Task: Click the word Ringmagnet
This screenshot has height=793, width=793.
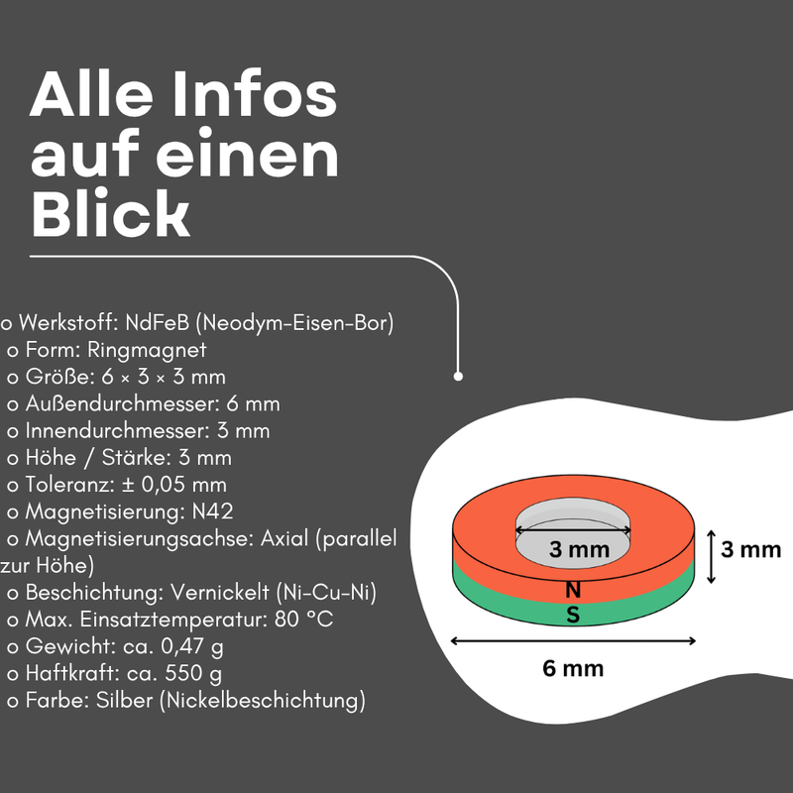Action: point(147,350)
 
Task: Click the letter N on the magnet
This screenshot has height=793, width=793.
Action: point(573,590)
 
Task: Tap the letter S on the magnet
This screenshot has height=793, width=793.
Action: point(573,616)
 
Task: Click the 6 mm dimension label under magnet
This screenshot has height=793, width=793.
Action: point(573,668)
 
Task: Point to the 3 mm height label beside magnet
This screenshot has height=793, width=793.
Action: point(750,549)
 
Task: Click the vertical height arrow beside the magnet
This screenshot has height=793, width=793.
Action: point(711,557)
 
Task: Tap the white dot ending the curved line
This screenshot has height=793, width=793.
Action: point(458,377)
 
